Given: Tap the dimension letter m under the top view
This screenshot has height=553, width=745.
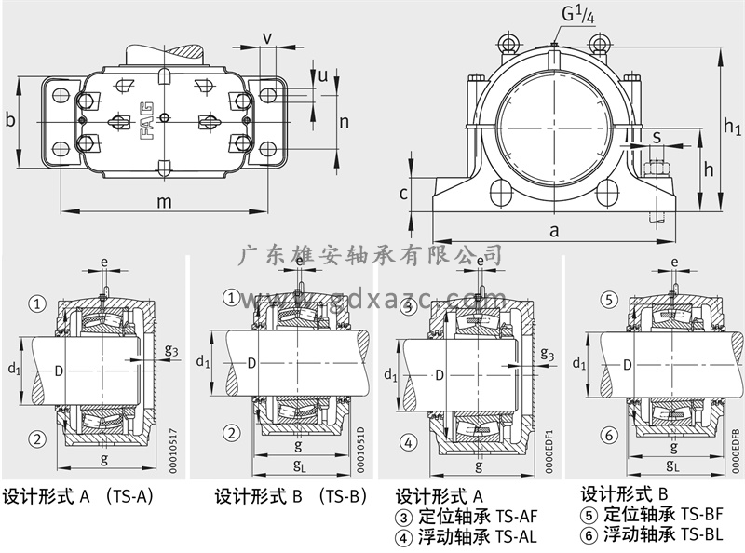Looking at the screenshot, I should [165, 200].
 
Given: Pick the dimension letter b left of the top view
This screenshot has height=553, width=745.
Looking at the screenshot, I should [10, 119].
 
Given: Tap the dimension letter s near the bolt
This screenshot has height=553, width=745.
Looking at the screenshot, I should [657, 138].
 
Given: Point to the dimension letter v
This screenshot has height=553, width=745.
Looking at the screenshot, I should [267, 37].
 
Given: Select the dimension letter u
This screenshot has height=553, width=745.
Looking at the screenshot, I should [323, 75].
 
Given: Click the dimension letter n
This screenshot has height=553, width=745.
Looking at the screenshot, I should [344, 121].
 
